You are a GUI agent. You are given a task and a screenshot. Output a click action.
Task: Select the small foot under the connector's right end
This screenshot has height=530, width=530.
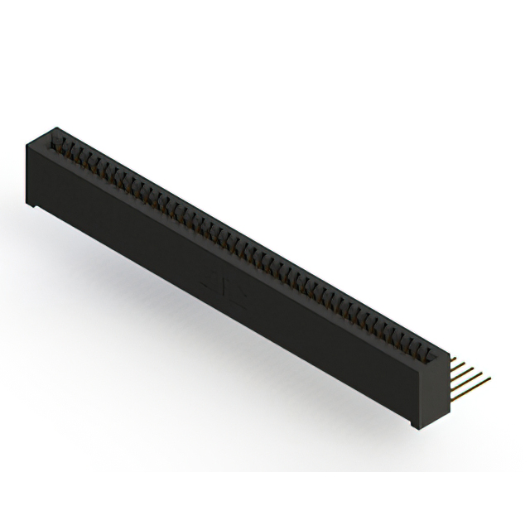tap(414, 424)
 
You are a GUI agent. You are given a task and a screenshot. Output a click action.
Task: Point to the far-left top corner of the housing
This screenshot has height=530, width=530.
tap(55, 128)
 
